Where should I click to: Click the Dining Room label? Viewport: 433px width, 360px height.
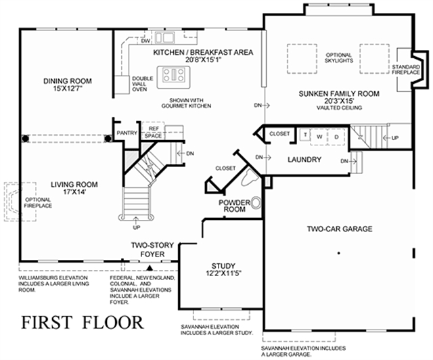click(68, 85)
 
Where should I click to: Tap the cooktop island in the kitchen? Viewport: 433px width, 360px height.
click(174, 77)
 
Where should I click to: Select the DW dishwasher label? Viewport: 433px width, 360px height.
click(145, 41)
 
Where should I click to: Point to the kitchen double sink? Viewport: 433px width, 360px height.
click(165, 38)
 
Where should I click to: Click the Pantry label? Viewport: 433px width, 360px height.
click(127, 133)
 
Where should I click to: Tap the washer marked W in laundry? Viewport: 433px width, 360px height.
click(319, 137)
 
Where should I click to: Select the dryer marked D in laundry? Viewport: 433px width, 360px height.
click(336, 137)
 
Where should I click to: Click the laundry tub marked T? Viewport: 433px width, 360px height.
click(305, 135)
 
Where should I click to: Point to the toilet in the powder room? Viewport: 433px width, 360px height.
click(250, 177)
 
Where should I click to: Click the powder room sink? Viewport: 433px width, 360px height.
click(256, 203)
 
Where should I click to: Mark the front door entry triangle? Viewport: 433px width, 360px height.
click(150, 267)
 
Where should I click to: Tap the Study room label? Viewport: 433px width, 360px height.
click(223, 269)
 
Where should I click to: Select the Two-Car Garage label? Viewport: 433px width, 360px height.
click(340, 229)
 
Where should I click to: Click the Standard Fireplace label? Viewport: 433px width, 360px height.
click(406, 70)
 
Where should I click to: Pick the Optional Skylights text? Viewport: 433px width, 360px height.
click(338, 58)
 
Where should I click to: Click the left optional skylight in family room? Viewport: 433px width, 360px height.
click(302, 59)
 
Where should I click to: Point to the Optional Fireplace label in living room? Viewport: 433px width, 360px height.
click(38, 202)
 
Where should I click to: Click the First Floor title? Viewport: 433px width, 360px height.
click(83, 322)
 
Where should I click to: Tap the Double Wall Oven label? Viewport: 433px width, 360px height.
click(143, 84)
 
